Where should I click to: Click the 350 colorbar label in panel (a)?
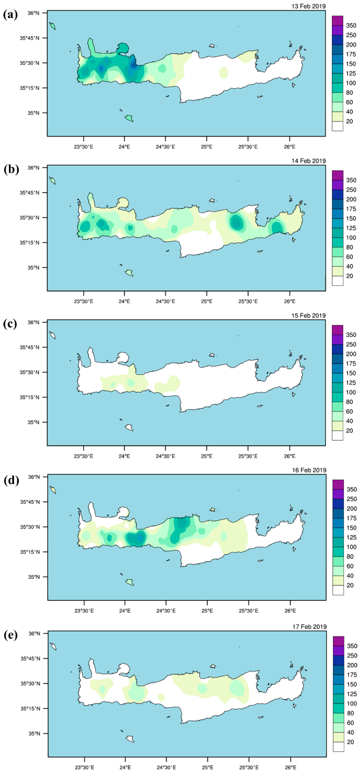(x=351, y=26)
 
